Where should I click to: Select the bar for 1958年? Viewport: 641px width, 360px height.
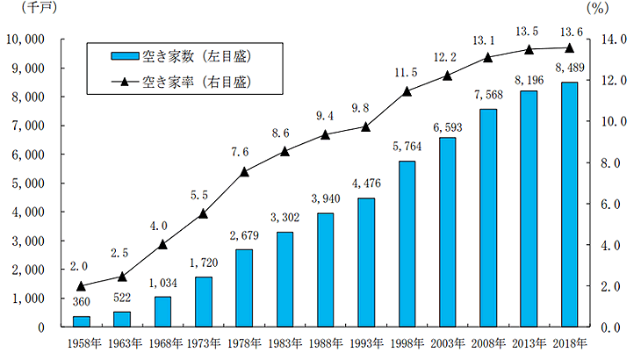coord(81,321)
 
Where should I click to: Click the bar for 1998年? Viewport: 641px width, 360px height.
coord(407,244)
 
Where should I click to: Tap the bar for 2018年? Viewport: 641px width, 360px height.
coord(569,205)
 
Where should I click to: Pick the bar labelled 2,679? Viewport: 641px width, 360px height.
coord(244,288)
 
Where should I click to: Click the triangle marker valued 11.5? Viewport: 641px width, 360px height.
coord(407,91)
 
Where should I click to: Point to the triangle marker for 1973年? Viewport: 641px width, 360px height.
coord(203,213)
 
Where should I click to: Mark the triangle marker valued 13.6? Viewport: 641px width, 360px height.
coord(569,48)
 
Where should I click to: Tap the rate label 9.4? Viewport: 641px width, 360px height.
coord(325,114)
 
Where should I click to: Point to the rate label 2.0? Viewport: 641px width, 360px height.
coord(81,266)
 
